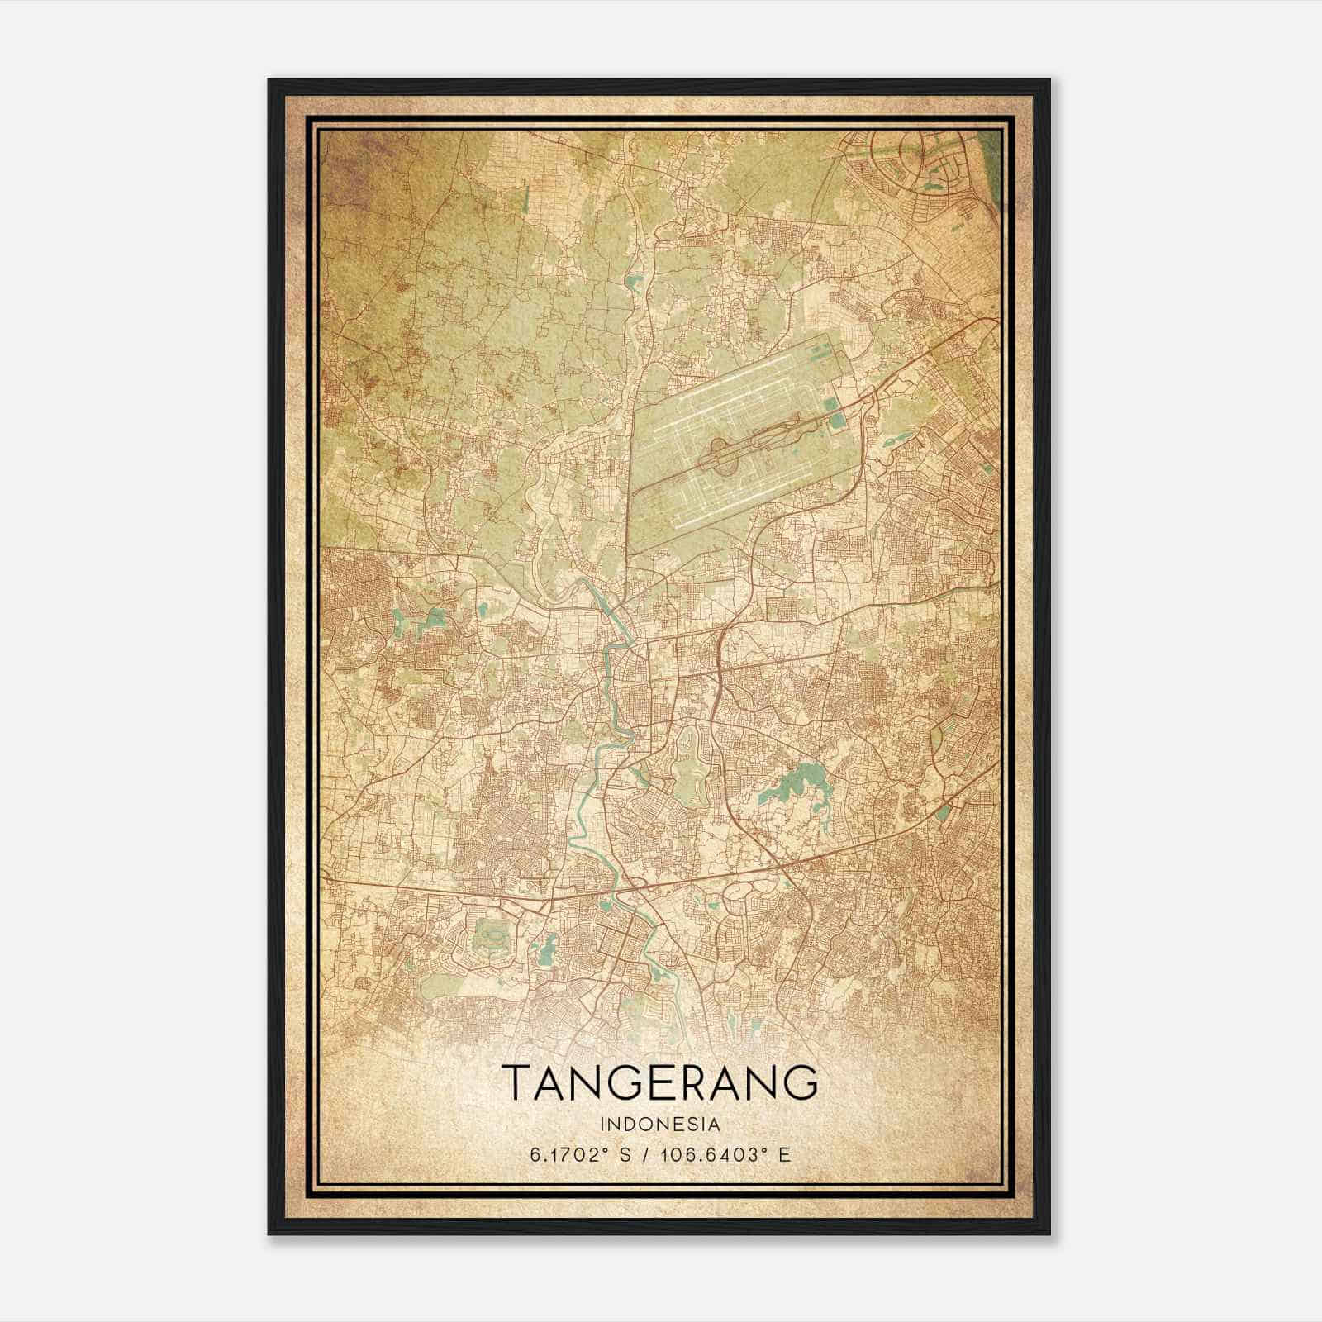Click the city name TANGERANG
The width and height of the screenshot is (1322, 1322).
[659, 1082]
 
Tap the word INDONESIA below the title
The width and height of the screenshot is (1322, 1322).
[660, 1124]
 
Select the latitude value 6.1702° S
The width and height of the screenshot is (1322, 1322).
[581, 1154]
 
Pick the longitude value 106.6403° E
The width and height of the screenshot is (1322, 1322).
[725, 1154]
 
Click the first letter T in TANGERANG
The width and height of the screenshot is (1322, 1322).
[516, 1082]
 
